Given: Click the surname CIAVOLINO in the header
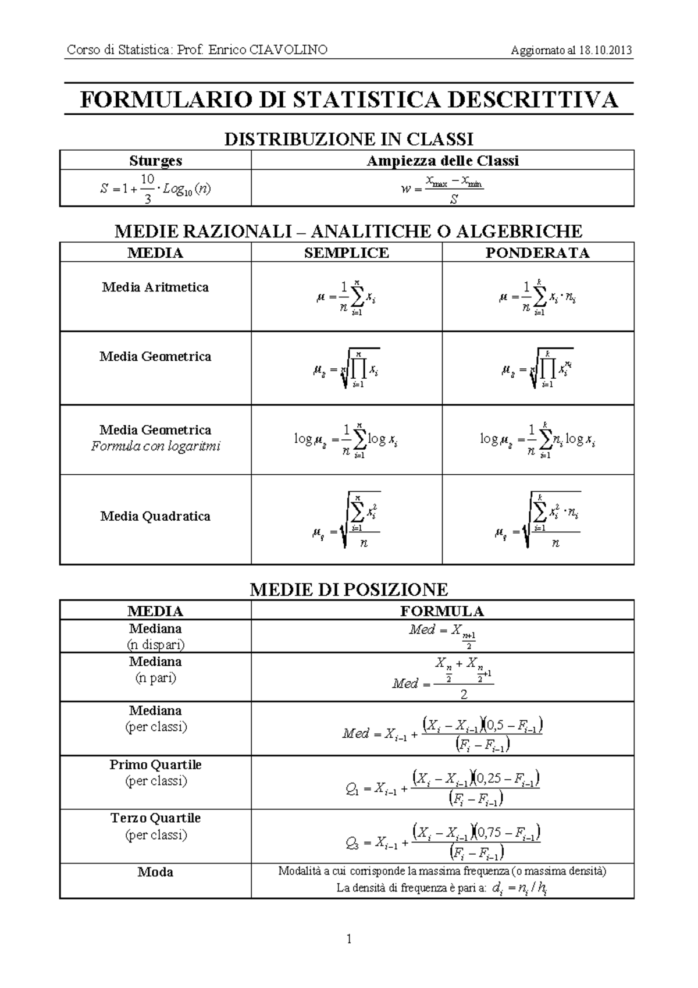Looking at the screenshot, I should point(289,50).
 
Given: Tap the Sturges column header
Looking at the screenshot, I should point(155,161).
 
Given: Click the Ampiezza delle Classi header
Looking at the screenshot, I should point(442,161).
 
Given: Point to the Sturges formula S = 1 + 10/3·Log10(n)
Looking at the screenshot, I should point(155,189).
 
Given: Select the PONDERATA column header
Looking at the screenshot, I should point(537,253).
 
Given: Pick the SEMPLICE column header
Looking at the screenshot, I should point(346,253).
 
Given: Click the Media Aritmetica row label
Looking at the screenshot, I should point(155,287).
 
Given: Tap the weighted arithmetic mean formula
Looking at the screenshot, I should point(537,298).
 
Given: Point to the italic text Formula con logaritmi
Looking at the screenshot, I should point(155,447).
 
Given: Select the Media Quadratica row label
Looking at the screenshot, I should point(155,516).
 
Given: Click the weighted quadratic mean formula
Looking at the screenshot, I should point(537,520).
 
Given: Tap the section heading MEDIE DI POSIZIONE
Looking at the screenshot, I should point(348,589).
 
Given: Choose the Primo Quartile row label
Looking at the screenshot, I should point(155,765).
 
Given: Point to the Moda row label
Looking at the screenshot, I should point(155,872).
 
